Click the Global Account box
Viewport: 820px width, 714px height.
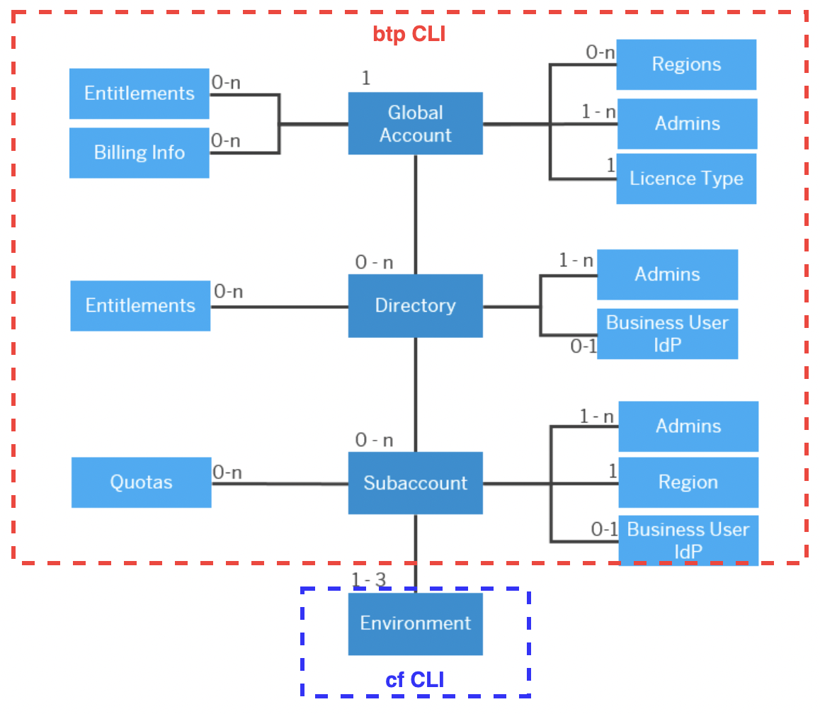point(415,123)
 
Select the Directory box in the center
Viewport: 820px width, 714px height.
point(415,305)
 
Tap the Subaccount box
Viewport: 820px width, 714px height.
point(415,482)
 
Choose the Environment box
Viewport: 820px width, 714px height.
point(415,623)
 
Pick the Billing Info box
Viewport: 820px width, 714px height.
point(139,152)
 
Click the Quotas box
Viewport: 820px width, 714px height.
point(141,482)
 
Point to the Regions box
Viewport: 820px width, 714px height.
point(685,64)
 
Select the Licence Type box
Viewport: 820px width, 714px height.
point(685,178)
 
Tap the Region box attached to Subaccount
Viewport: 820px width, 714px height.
point(688,482)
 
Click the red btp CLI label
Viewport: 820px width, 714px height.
point(409,34)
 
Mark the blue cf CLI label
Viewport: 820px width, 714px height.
point(415,680)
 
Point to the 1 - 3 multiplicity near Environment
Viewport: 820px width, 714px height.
point(368,580)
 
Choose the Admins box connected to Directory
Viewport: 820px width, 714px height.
point(667,274)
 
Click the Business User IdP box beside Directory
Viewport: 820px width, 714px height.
point(667,333)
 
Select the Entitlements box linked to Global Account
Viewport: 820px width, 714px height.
point(139,93)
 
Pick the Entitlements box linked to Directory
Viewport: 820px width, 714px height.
point(140,305)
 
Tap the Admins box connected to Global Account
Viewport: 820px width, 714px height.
point(687,123)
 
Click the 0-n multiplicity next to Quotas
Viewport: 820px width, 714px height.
point(227,472)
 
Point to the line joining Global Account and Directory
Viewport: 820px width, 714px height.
point(416,212)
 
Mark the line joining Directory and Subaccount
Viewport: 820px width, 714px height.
point(416,393)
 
